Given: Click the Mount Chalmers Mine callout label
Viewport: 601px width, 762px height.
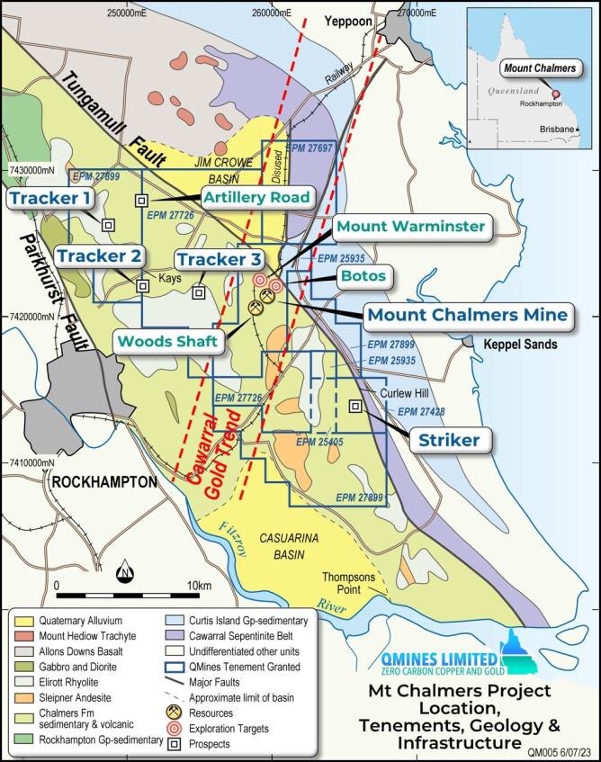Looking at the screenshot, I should (x=466, y=315).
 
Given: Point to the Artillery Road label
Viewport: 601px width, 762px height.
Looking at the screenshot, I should (x=256, y=197).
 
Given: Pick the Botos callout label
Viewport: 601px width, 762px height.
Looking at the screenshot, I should (x=363, y=275).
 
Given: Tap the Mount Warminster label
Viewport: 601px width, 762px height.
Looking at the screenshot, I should (x=410, y=227).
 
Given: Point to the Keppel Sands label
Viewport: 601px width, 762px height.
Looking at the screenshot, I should (x=520, y=345).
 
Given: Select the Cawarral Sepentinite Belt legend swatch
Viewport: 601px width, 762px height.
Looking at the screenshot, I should (x=175, y=635).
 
